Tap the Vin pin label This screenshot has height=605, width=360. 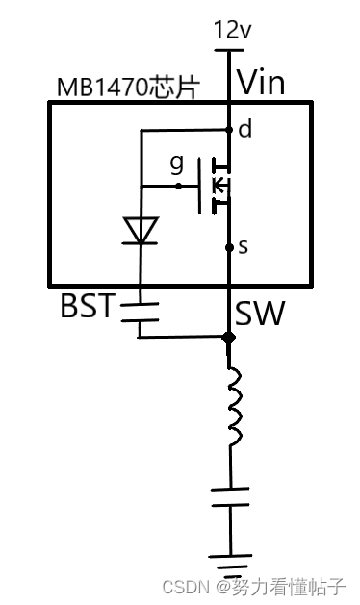coord(261,82)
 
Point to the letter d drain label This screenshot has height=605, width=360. coord(244,129)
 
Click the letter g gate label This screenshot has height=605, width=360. coord(176,164)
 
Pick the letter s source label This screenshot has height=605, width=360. coord(243,247)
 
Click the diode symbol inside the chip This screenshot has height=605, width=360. coord(141,231)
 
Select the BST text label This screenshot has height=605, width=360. coord(88,307)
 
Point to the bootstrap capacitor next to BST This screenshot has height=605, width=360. coord(141,309)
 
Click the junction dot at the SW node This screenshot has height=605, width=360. coord(228,338)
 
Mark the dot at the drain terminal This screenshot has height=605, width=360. coord(229,129)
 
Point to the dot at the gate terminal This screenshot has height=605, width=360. coord(179,186)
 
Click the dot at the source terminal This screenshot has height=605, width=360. coord(229,247)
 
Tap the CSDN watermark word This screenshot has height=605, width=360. coord(185,585)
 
